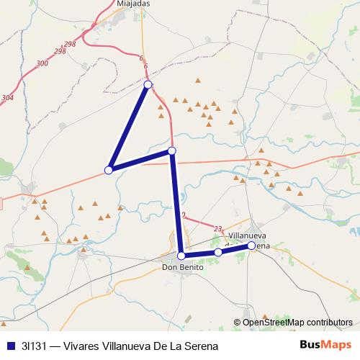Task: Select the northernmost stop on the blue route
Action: pos(148,85)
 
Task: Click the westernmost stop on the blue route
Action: pos(109,170)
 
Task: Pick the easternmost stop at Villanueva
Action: pos(251,246)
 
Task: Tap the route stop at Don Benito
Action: pos(181,256)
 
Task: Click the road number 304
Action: pos(7,97)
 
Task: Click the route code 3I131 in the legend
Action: pos(34,345)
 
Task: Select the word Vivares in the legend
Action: pos(82,345)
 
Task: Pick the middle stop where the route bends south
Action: pos(171,150)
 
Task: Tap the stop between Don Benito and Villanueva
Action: pos(218,252)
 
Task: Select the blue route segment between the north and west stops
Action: pos(129,127)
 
